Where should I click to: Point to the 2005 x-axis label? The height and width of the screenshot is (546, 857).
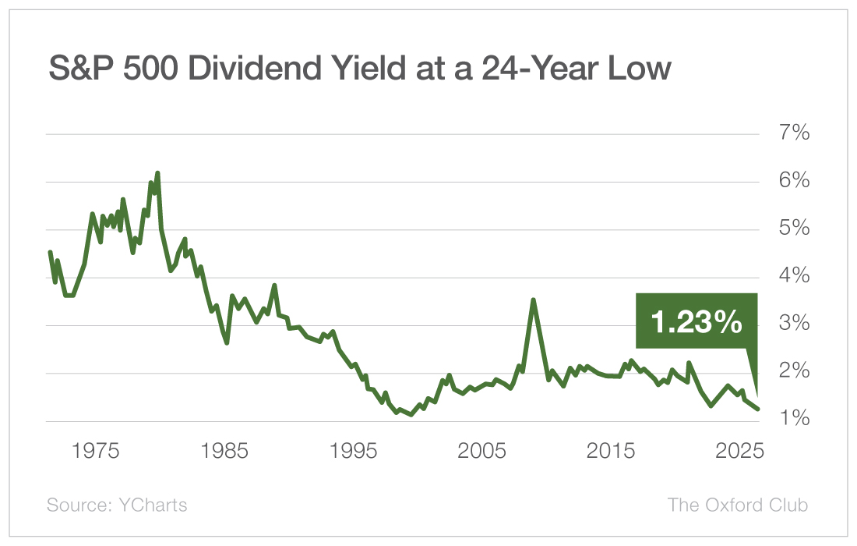(482, 452)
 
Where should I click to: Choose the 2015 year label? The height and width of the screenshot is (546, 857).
(612, 452)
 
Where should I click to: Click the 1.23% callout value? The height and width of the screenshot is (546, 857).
(697, 321)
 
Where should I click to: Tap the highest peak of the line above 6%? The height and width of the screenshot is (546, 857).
(157, 173)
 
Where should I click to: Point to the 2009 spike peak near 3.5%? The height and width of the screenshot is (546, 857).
(533, 300)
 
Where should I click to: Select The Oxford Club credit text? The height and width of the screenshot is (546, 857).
(738, 505)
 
